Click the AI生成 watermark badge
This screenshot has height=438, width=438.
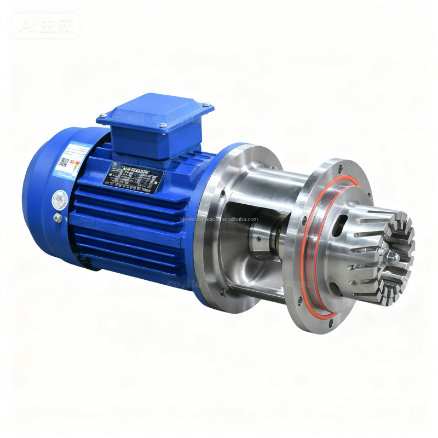(45, 25)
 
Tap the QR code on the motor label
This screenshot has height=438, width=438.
(64, 162)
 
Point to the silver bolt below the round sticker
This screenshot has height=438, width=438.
(57, 218)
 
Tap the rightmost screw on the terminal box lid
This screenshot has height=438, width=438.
(205, 106)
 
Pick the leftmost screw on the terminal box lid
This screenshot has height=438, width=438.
(102, 117)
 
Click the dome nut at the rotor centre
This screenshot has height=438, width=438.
(389, 256)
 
